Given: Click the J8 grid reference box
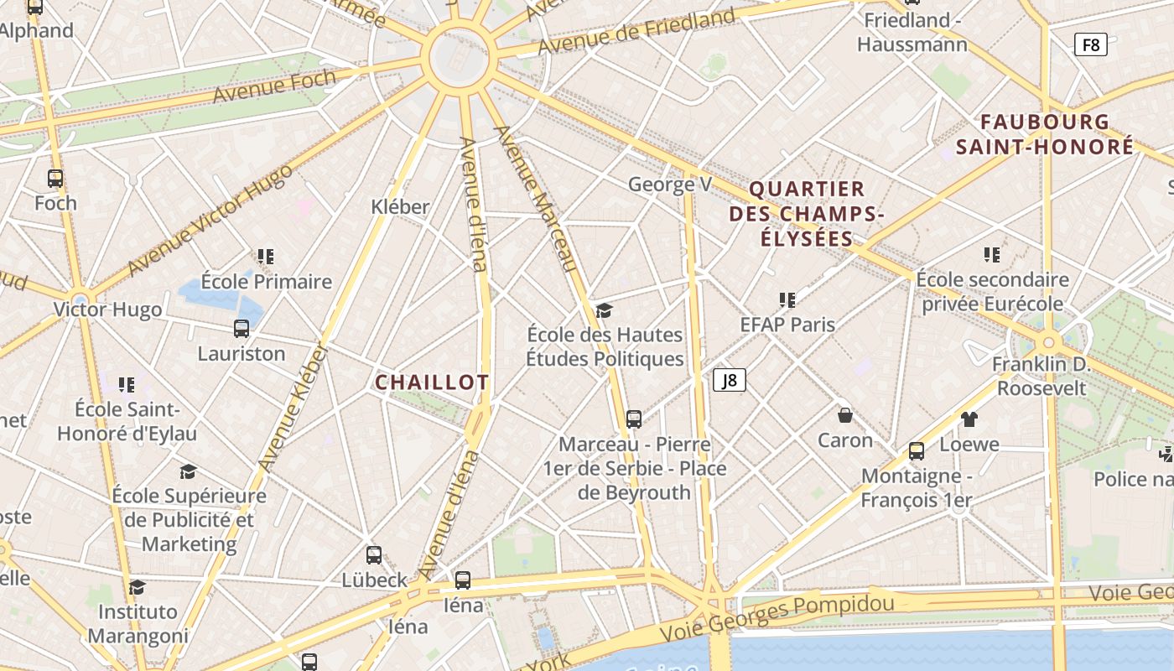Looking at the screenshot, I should pyautogui.click(x=730, y=380).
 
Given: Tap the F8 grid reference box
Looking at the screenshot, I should pyautogui.click(x=1090, y=44).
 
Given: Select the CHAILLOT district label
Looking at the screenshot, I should pyautogui.click(x=432, y=382).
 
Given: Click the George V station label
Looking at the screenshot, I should pyautogui.click(x=670, y=184).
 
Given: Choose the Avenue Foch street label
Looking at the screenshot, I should pyautogui.click(x=274, y=86).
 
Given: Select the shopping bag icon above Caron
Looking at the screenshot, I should pyautogui.click(x=845, y=415).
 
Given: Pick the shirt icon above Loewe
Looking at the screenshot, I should pyautogui.click(x=969, y=419).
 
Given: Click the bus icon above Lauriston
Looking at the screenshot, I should pyautogui.click(x=242, y=329).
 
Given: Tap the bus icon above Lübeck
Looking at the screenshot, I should pyautogui.click(x=374, y=554).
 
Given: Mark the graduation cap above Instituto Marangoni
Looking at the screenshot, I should pyautogui.click(x=138, y=587).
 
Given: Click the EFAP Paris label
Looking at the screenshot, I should pyautogui.click(x=787, y=324).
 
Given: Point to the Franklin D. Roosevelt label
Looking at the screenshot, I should pyautogui.click(x=1041, y=376).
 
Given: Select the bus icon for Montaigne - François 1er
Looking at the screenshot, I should pyautogui.click(x=917, y=451).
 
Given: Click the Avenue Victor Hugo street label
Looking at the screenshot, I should pyautogui.click(x=210, y=221).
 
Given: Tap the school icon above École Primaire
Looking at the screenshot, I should pyautogui.click(x=266, y=256).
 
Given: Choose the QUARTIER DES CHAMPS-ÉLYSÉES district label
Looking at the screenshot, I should pyautogui.click(x=807, y=214).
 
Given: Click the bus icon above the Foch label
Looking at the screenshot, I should pyautogui.click(x=55, y=179).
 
